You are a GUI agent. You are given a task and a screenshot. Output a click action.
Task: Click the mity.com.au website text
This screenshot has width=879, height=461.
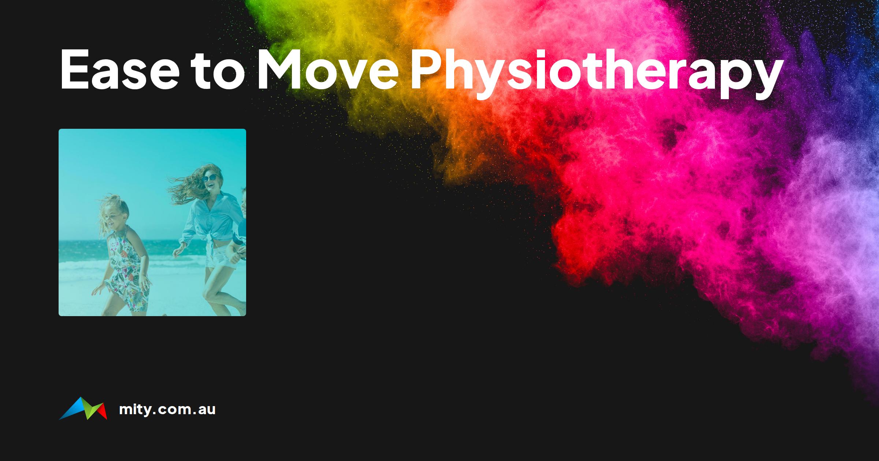tap(167, 409)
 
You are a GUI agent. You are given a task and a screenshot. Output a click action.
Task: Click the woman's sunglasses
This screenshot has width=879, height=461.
tap(209, 178)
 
